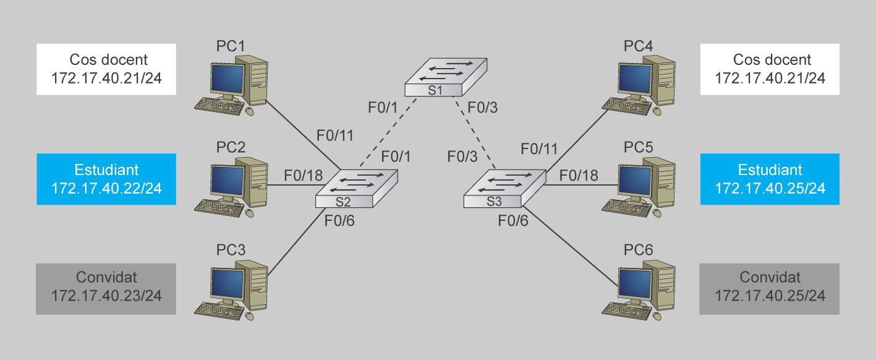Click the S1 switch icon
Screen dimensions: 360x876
point(445,77)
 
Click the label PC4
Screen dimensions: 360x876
point(639,46)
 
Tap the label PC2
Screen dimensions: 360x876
point(231,148)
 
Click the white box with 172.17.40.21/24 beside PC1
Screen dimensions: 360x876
point(106,69)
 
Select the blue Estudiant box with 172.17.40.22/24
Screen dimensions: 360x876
point(106,179)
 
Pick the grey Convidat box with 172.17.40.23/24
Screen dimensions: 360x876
point(106,288)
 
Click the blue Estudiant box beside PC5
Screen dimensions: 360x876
point(770,179)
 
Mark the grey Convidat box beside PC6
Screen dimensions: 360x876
point(770,288)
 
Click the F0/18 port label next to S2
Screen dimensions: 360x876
point(303,176)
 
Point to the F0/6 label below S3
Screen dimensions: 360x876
point(513,220)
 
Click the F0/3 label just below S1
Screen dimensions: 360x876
point(482,108)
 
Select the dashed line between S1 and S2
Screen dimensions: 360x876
point(386,132)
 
